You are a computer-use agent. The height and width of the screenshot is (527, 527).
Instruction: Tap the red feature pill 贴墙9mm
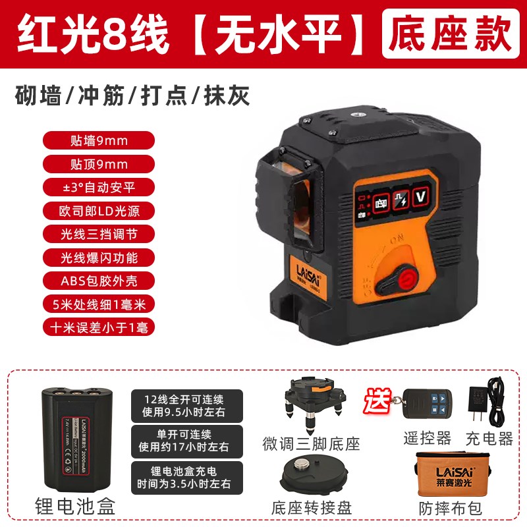pyautogui.click(x=99, y=140)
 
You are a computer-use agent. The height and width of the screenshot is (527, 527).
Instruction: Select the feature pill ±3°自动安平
pyautogui.click(x=99, y=187)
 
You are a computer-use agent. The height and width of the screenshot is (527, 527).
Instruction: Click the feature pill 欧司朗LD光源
pyautogui.click(x=99, y=211)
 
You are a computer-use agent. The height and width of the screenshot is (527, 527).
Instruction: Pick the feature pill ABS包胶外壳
pyautogui.click(x=99, y=280)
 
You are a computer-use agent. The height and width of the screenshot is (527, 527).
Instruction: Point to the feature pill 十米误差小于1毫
pyautogui.click(x=99, y=327)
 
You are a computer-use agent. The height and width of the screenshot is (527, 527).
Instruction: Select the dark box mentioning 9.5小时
pyautogui.click(x=186, y=405)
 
